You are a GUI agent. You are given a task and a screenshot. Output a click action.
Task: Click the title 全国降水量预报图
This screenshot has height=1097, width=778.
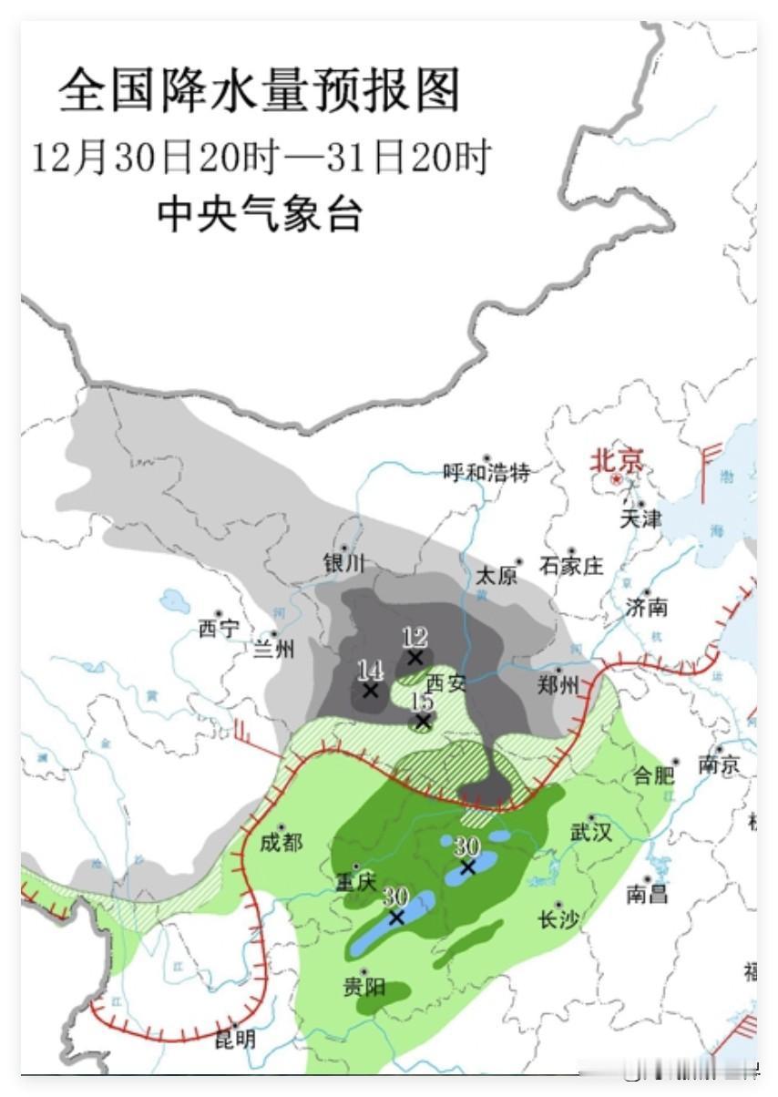[x=260, y=91]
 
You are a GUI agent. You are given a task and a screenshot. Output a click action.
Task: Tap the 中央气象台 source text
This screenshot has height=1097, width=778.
[x=261, y=214]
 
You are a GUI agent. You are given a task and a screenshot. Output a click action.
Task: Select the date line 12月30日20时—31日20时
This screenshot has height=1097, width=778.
[x=261, y=158]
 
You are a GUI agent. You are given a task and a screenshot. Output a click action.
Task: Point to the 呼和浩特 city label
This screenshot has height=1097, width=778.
[x=486, y=472]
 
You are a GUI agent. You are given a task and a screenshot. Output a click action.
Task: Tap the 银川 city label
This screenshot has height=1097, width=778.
[x=343, y=563]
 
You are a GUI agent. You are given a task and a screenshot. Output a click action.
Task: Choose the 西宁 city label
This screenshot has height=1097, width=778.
[x=219, y=629]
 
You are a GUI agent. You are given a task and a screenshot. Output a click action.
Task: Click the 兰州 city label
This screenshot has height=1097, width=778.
[x=274, y=649]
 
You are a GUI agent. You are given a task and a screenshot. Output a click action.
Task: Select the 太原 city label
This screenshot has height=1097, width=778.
[x=497, y=575]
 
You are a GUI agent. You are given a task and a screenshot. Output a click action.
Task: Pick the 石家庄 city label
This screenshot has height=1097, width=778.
[x=571, y=566]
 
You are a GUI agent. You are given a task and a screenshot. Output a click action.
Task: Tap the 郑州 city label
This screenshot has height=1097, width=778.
[x=558, y=685]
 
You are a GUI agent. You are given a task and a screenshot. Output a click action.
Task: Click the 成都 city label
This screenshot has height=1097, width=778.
[x=281, y=843]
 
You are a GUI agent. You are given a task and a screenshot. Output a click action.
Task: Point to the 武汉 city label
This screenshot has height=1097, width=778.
[x=591, y=832]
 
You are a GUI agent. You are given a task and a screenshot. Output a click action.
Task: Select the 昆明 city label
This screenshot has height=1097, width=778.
[x=235, y=1039]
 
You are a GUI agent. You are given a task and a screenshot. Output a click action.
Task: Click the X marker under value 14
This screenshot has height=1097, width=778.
[x=370, y=691]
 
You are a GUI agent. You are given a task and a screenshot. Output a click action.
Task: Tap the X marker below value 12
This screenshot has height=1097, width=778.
[x=415, y=657]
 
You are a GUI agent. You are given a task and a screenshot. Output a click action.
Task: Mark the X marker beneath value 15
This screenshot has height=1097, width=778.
[x=423, y=722]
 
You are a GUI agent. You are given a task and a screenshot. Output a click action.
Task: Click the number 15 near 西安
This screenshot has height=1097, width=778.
[x=422, y=702]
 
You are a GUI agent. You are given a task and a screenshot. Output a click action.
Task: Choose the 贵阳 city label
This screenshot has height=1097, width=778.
[x=363, y=986]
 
